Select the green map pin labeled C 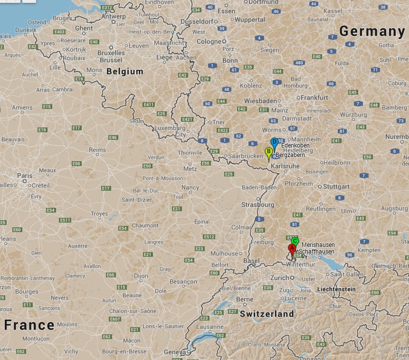coord(295,242)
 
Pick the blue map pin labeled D coord(274,142)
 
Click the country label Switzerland coord(266,314)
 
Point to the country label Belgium coord(125,71)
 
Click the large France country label coord(29,325)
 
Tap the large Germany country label coord(372,31)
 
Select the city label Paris coord(25,175)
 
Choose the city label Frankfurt coord(314,97)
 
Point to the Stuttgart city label coord(336,186)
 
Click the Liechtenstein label coord(336,289)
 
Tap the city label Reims coord(97,150)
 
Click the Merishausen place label coord(318,245)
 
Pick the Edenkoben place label coord(295,145)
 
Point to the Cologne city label coord(209,41)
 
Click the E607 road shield coord(115,319)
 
